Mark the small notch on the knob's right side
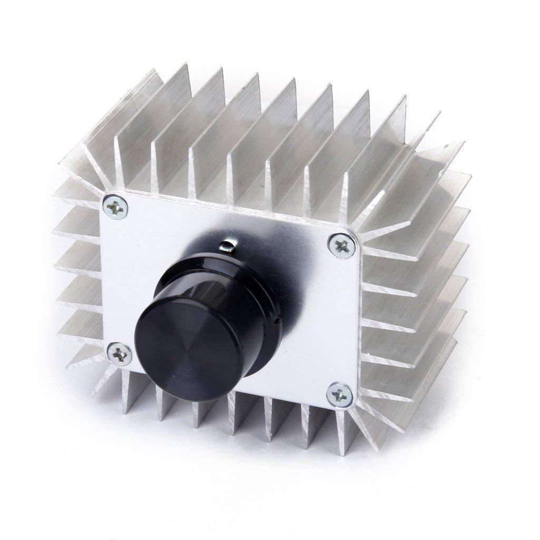(x=275, y=320)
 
